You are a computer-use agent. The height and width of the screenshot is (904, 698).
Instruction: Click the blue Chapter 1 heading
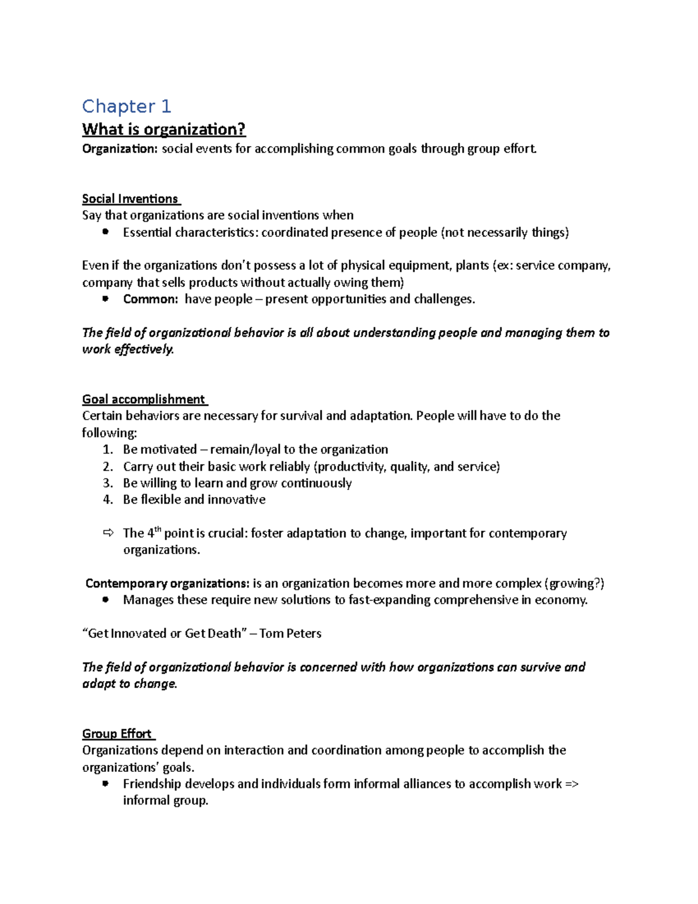(126, 107)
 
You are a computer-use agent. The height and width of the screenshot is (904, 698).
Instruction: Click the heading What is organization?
(164, 129)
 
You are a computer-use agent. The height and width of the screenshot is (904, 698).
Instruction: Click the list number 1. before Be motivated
(107, 449)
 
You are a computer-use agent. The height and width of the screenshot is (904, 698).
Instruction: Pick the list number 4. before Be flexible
(107, 499)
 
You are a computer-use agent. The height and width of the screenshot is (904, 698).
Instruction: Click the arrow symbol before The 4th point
(108, 533)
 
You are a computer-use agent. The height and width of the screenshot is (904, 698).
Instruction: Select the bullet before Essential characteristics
(105, 232)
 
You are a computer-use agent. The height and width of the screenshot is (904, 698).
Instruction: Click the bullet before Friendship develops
(105, 784)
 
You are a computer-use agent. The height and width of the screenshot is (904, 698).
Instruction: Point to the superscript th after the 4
(157, 529)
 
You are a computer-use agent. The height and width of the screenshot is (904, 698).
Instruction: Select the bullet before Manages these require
(105, 600)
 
